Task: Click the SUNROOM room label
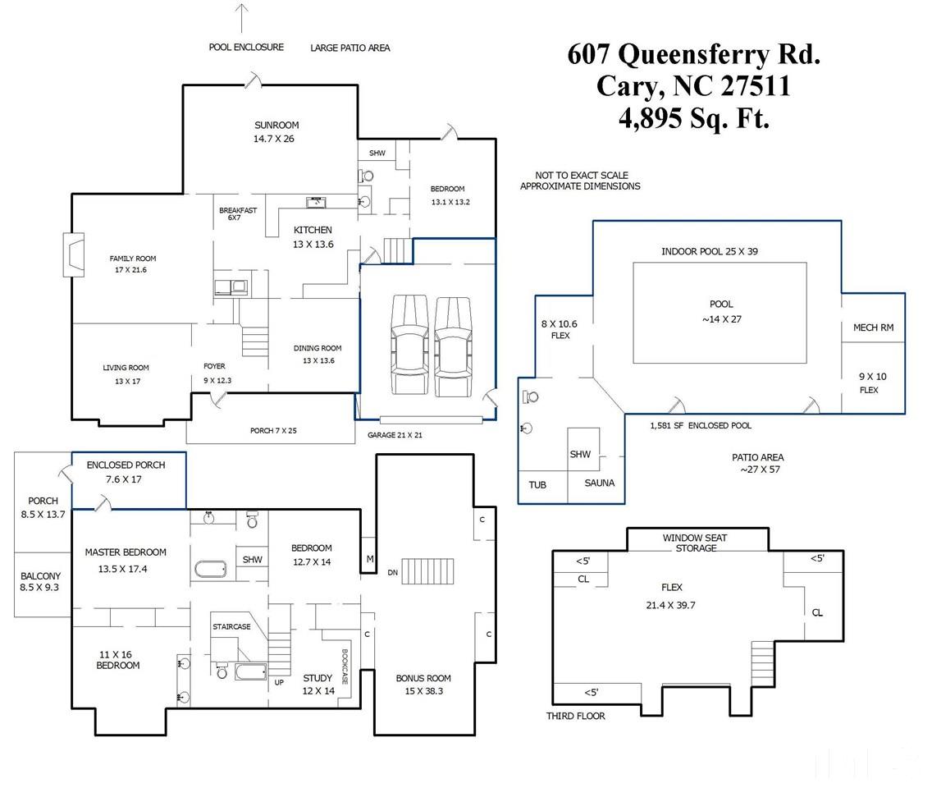coord(276,126)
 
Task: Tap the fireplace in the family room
coord(74,253)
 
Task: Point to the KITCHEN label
coord(313,231)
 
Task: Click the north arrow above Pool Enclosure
coord(242,18)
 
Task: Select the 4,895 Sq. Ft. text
coord(693,119)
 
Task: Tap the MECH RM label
coord(873,328)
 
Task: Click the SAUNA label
coord(599,483)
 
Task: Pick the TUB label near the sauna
coord(537,485)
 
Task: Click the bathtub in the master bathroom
coord(211,570)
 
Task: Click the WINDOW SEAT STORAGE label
coord(696,543)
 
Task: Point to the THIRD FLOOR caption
coord(576,717)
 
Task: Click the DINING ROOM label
coord(318,349)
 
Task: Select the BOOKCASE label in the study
coord(345,666)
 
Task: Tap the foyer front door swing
coord(217,398)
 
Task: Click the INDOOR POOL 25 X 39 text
coord(710,251)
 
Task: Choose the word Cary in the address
coord(627,86)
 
